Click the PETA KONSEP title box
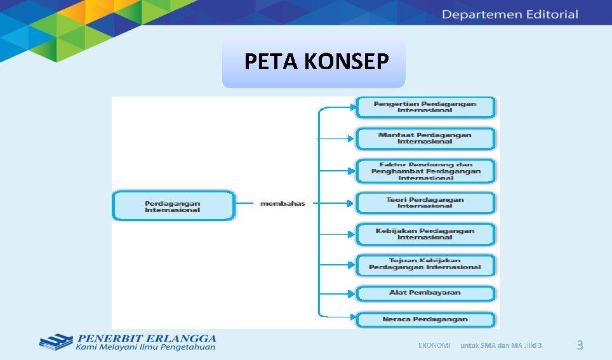click(314, 62)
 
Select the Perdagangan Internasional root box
click(173, 206)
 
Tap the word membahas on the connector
click(283, 204)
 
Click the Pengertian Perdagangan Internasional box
click(425, 107)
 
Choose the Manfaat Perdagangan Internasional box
click(425, 138)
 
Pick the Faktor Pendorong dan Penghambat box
click(425, 171)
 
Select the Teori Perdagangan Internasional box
click(425, 203)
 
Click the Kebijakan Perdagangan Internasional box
click(425, 234)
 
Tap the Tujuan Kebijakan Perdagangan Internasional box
click(425, 264)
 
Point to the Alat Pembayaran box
click(425, 293)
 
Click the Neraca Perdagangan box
click(425, 319)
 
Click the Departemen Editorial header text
click(510, 14)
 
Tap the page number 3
click(579, 345)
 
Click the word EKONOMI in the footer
click(434, 345)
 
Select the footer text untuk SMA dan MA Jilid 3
click(501, 345)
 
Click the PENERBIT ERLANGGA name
click(147, 338)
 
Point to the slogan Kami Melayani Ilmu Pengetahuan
click(145, 347)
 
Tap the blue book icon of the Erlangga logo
click(56, 342)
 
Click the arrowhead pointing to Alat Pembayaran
click(351, 293)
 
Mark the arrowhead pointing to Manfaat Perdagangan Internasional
click(351, 138)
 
